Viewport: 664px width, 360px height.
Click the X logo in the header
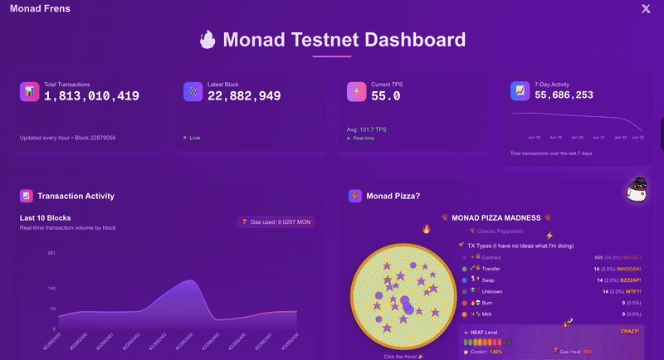coord(646,8)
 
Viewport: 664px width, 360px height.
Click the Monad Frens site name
coord(40,8)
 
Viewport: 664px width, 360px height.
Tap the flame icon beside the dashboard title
coord(207,40)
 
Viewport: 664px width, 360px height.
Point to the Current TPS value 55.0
coord(386,96)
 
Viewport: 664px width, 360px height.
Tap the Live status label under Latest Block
coord(195,137)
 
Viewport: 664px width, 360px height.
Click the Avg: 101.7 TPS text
coord(367,129)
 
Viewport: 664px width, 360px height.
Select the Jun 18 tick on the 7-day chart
coord(534,137)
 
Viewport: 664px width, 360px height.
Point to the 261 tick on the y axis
coord(51,252)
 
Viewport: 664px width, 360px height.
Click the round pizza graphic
coord(402,298)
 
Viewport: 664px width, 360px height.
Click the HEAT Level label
coord(486,333)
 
